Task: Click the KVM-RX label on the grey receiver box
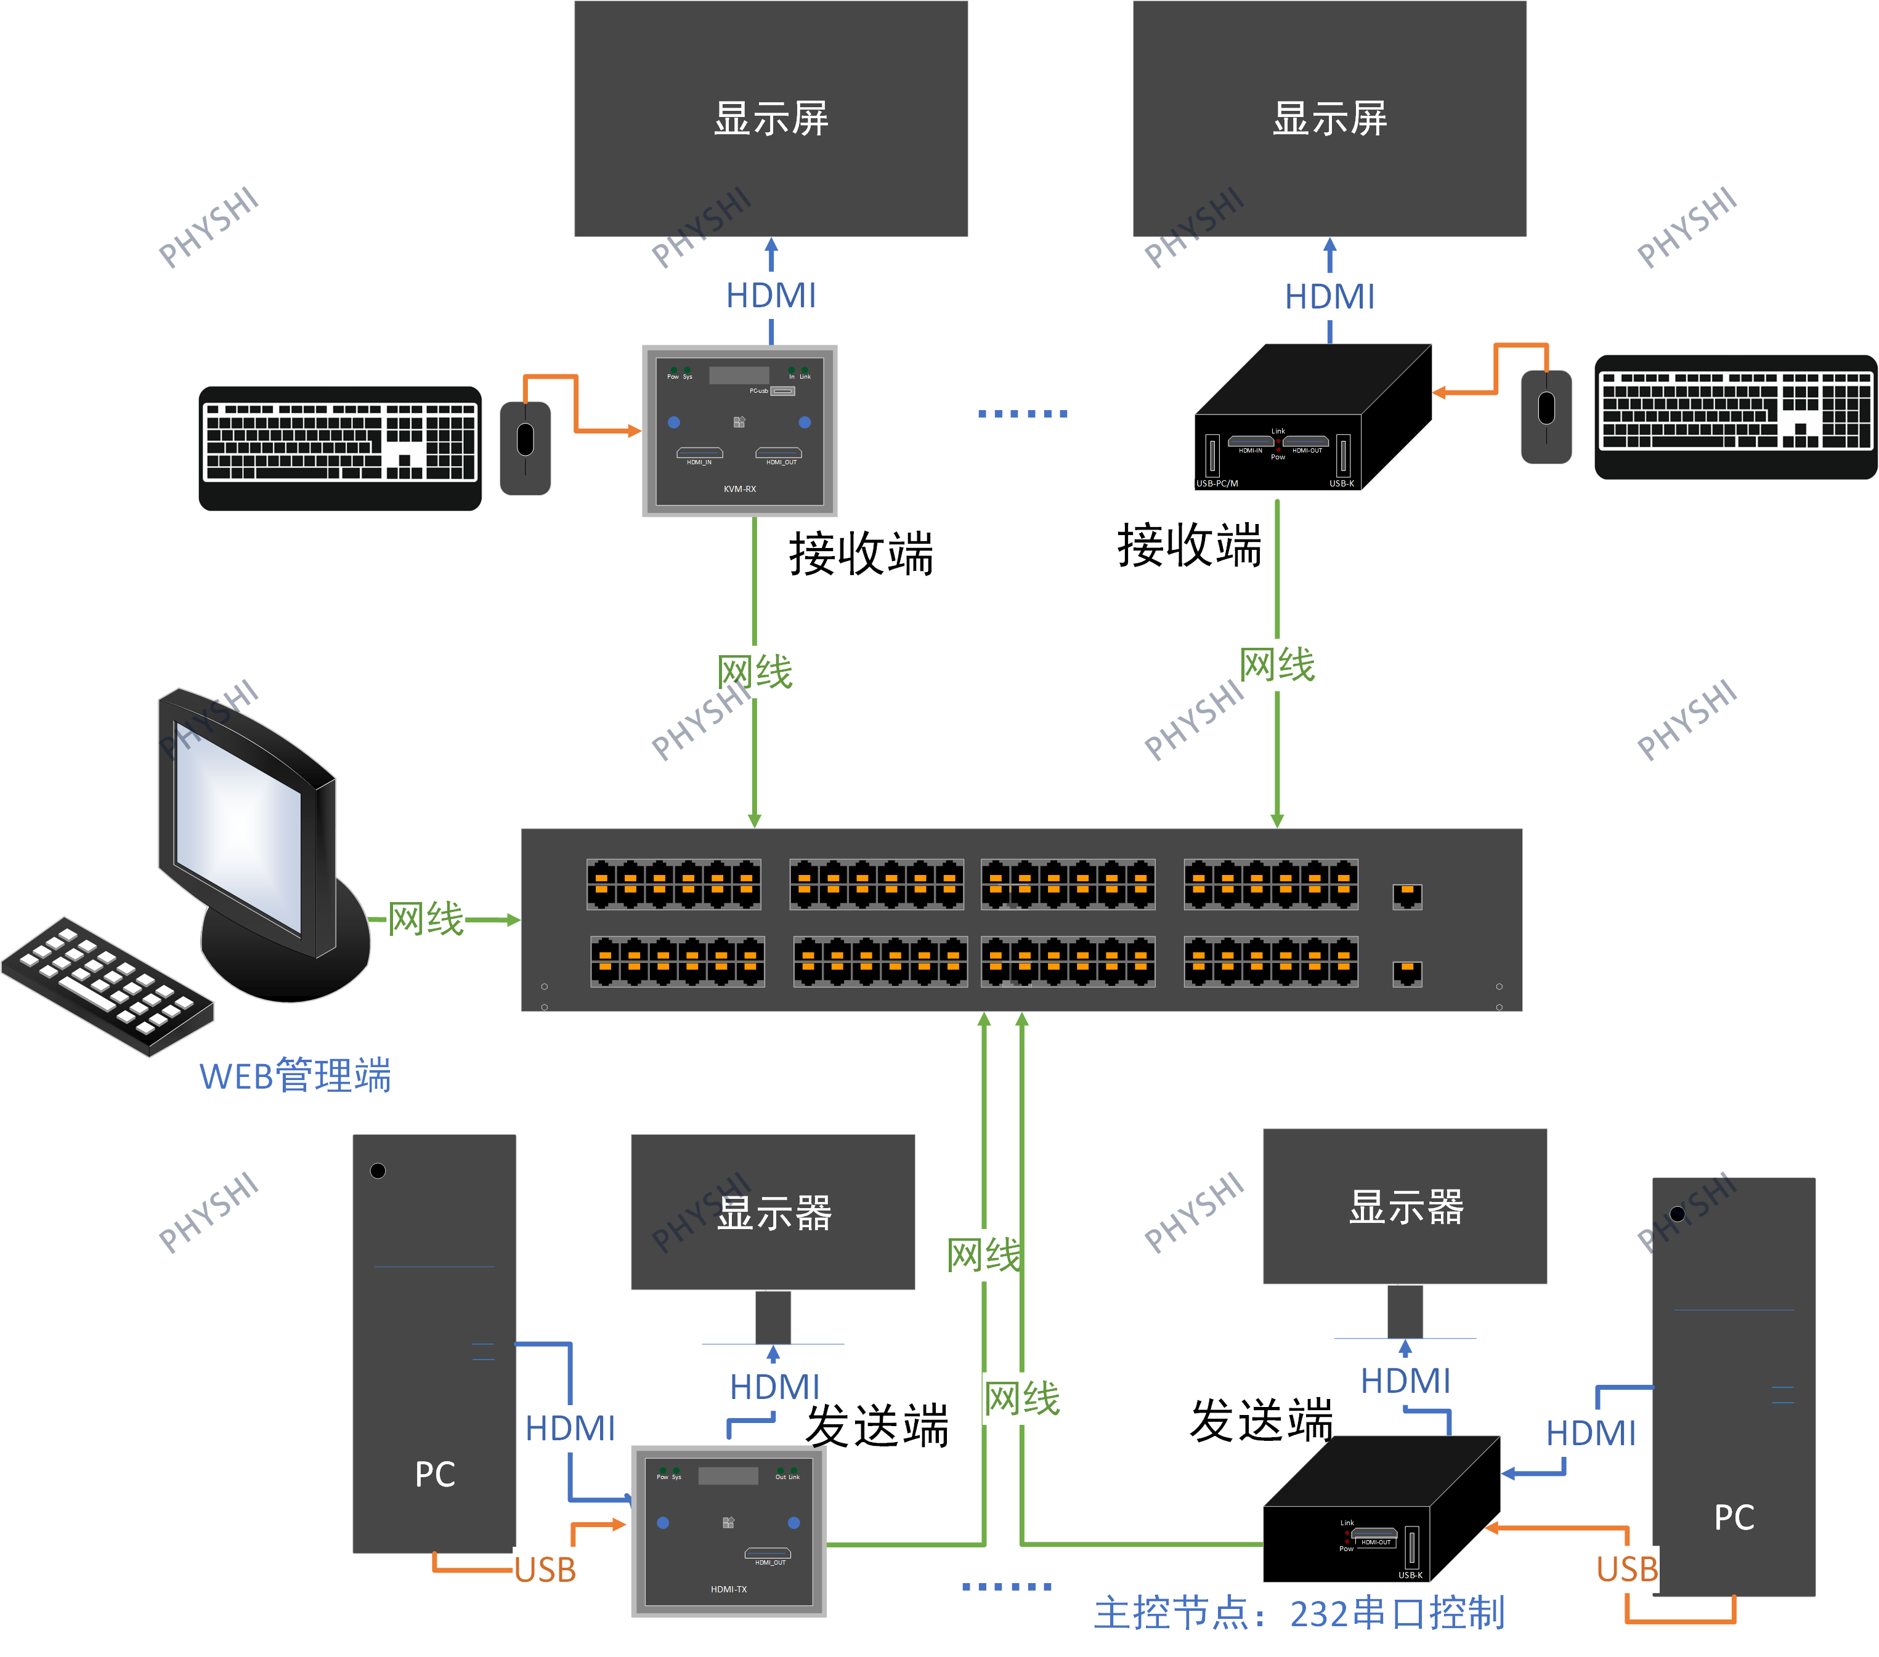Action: point(739,489)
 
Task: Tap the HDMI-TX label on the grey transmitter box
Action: point(728,1589)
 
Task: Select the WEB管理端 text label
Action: point(295,1075)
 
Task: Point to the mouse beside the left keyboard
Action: point(525,448)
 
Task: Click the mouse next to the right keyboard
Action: point(1546,416)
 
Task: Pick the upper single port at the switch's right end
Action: point(1406,895)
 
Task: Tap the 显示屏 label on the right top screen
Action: point(1329,119)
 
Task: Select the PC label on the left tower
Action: point(435,1474)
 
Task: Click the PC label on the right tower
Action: point(1734,1517)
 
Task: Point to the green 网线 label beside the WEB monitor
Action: point(424,919)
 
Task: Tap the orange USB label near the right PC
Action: point(1626,1570)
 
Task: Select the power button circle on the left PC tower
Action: point(378,1171)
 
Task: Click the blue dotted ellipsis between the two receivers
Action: point(1022,414)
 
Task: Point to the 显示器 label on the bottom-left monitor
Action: point(774,1213)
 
